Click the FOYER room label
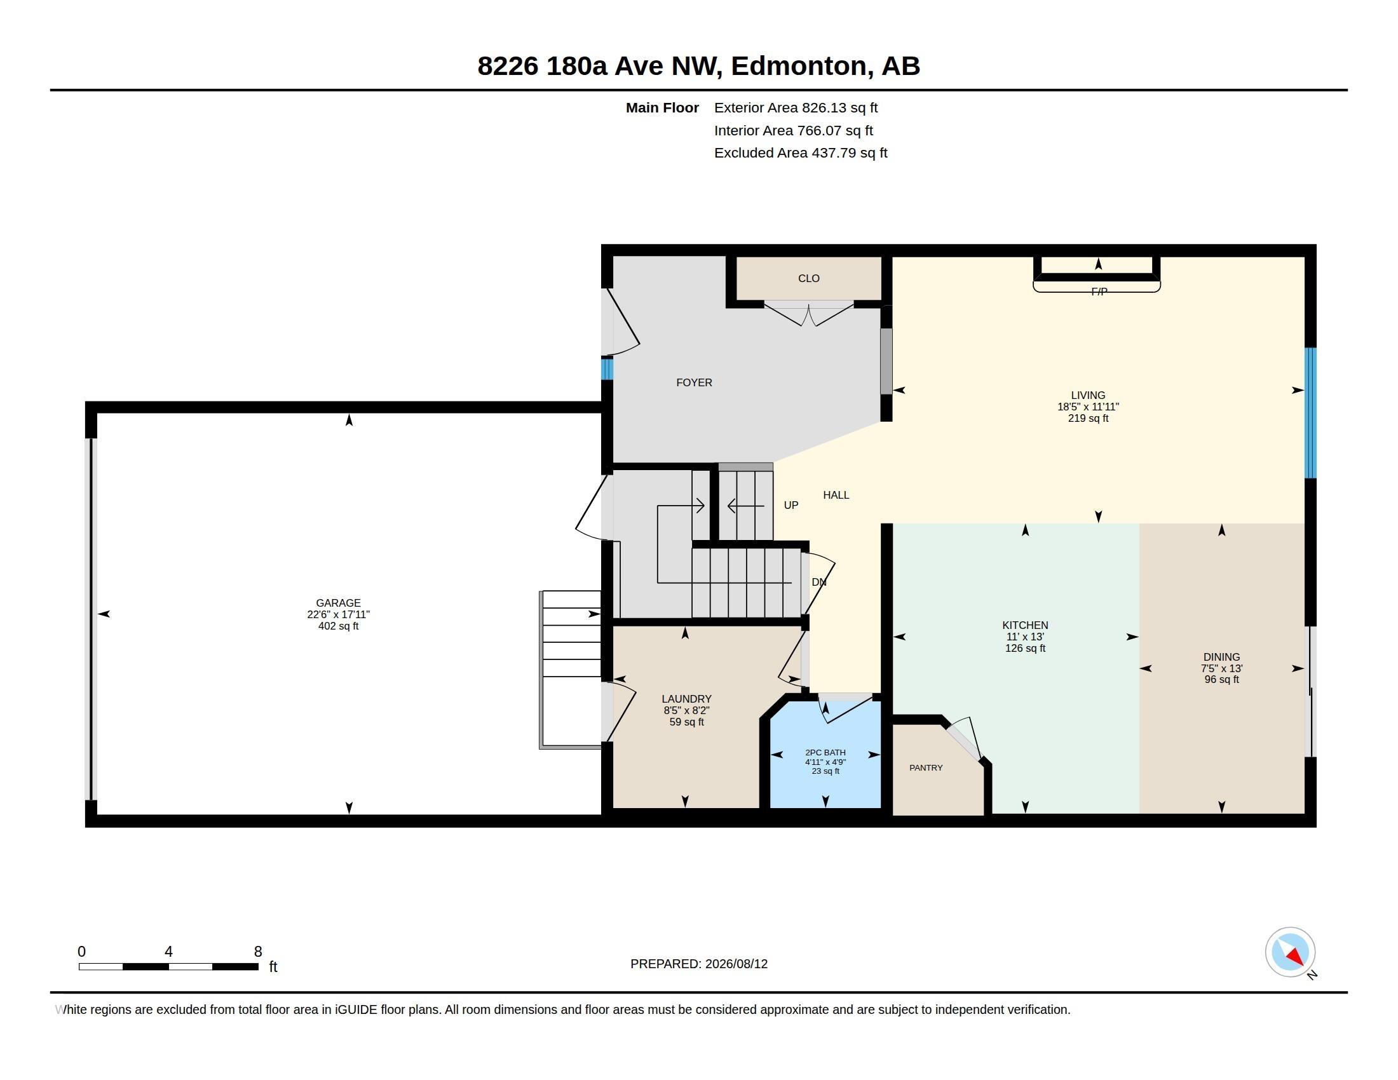point(694,382)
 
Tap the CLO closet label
point(808,278)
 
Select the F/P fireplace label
point(1099,292)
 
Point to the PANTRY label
point(926,768)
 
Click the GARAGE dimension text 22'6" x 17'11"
point(338,614)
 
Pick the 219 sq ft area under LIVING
point(1087,419)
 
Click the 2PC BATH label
point(825,752)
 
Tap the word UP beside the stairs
point(791,506)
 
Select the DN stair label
point(818,582)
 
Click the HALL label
point(836,496)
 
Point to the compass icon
point(1290,952)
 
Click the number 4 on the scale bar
point(168,952)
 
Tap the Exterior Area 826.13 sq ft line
point(796,108)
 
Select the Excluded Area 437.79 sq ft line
point(801,153)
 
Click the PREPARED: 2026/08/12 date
point(699,964)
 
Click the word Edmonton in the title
point(799,66)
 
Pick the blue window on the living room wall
point(1310,413)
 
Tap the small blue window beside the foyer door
point(607,369)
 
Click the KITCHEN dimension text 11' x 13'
point(1025,637)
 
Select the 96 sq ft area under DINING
point(1221,680)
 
